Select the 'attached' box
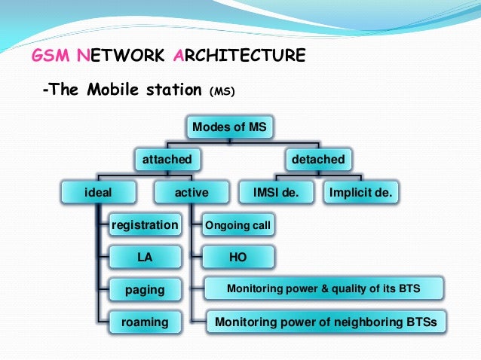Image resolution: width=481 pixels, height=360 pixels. [x=167, y=160]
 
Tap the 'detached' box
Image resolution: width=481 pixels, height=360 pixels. [x=317, y=160]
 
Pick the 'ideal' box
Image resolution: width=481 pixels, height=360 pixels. [x=97, y=193]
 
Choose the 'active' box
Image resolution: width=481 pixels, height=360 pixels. [x=191, y=193]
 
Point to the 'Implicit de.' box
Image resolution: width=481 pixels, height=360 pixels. [x=361, y=193]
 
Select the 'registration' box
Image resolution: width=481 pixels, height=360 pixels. [x=145, y=225]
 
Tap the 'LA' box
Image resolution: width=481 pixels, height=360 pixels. [x=145, y=258]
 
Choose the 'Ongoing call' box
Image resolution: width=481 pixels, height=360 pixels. [x=238, y=225]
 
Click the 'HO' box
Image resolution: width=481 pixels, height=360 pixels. [x=238, y=258]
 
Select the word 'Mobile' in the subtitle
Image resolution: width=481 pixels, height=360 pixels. [x=116, y=91]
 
